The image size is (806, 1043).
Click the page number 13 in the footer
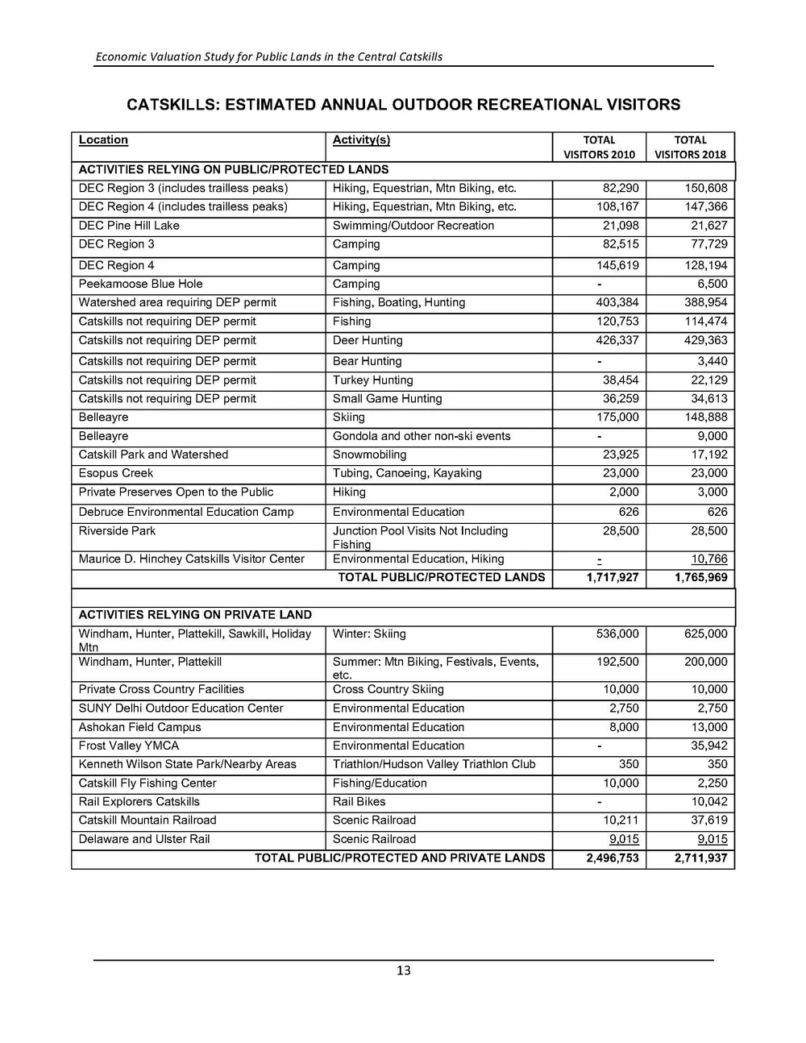(x=403, y=970)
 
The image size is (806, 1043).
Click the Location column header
(x=103, y=140)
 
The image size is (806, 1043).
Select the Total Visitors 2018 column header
(x=690, y=147)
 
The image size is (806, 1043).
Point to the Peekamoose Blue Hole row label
(x=140, y=284)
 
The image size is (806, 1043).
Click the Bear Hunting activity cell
(x=367, y=361)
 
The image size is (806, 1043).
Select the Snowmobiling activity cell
(x=369, y=455)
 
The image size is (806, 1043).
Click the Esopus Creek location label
(x=115, y=473)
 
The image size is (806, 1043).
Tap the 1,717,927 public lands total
(x=613, y=577)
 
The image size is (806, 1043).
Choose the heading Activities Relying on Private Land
(x=195, y=614)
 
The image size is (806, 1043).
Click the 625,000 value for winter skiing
(x=705, y=634)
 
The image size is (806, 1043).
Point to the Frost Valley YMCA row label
(x=129, y=746)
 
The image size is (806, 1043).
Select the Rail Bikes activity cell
(x=359, y=801)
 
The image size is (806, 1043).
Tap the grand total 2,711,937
(x=700, y=858)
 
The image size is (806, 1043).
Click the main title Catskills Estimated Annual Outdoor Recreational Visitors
(x=403, y=105)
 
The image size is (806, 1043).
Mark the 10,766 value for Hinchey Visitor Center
(x=708, y=559)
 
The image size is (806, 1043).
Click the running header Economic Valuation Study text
(x=268, y=56)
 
